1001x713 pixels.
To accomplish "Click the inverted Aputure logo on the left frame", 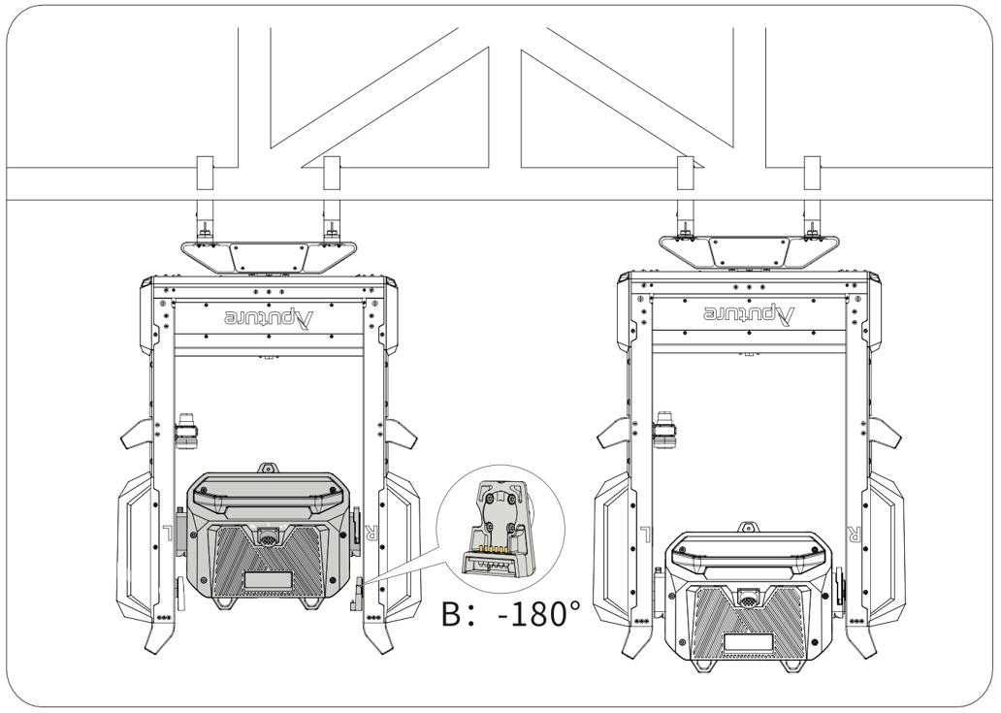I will [270, 316].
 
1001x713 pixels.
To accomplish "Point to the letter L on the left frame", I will [170, 533].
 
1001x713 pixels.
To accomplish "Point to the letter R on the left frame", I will [369, 533].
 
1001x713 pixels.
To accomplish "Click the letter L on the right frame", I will [645, 533].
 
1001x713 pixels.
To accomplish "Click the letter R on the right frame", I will [854, 533].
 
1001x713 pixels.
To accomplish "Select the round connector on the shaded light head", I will [269, 535].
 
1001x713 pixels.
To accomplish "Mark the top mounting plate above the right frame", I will [747, 252].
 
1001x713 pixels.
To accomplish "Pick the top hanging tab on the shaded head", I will [269, 468].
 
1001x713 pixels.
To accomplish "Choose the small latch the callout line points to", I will [355, 591].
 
